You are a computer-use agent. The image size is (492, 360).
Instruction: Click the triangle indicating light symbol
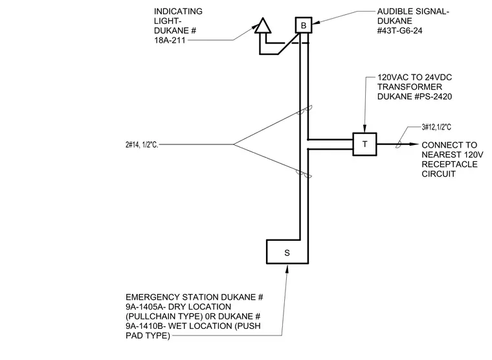263,26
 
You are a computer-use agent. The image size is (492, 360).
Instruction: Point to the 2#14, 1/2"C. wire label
142,144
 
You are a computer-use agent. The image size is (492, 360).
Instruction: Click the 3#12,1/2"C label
436,127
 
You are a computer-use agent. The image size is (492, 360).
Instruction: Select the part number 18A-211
170,40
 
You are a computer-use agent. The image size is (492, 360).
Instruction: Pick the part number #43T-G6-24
400,31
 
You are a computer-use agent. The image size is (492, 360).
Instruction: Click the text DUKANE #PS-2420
414,96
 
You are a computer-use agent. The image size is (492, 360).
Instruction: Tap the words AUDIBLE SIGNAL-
413,12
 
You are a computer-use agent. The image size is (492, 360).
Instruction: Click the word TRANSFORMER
410,87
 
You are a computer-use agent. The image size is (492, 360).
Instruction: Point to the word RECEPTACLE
449,164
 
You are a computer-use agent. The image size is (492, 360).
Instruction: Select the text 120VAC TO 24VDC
414,77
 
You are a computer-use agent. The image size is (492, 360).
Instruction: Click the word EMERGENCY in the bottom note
153,297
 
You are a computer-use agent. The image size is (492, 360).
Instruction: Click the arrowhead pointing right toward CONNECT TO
414,144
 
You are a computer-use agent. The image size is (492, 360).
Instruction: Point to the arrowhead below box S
287,269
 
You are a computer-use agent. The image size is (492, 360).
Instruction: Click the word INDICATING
178,12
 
